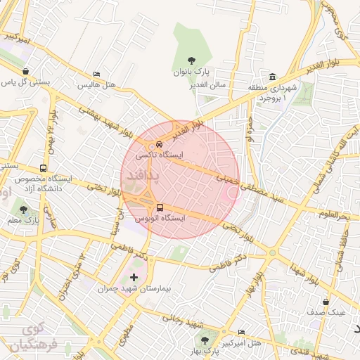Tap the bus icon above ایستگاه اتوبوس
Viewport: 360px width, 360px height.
coord(160,208)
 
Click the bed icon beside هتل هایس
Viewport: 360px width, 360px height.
coord(96,75)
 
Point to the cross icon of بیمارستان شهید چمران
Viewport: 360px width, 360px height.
coord(134,278)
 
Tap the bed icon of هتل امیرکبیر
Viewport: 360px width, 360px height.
coord(242,333)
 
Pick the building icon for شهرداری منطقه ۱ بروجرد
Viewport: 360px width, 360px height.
coord(271,77)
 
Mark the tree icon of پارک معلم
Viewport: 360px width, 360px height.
coord(23,210)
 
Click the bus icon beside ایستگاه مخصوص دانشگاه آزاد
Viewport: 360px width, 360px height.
coord(44,169)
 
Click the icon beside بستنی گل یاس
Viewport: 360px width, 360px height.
coord(26,71)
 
